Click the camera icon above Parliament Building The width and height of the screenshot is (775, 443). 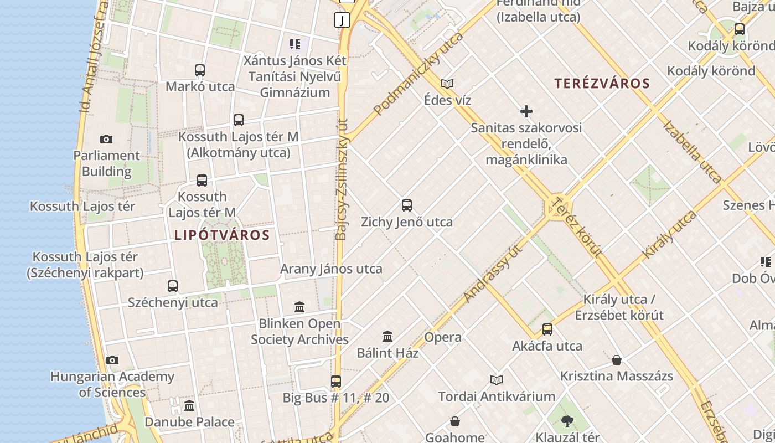[106, 139]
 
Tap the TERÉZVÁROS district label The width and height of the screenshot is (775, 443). [602, 84]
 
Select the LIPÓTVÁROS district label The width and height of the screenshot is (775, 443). [222, 235]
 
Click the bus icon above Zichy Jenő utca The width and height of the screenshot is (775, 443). [407, 205]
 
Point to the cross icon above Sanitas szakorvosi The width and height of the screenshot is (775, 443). [526, 111]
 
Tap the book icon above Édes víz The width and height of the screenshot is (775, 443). [447, 84]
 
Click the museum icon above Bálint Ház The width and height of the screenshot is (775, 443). [387, 336]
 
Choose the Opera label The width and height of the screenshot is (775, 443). [443, 337]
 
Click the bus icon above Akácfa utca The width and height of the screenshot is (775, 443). [547, 329]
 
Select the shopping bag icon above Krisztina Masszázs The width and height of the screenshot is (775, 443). [617, 360]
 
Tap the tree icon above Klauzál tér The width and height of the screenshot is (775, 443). [567, 421]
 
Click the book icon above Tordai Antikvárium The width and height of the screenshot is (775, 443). [497, 380]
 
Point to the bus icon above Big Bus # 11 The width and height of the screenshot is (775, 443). [336, 381]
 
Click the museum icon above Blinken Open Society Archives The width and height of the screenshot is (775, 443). [299, 307]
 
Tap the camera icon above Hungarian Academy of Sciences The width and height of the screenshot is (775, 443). [112, 360]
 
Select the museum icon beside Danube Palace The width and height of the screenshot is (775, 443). [189, 405]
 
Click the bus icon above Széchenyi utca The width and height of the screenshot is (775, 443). [173, 286]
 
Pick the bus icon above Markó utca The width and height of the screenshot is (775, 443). [200, 70]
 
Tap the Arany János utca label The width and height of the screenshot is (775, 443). [331, 269]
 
